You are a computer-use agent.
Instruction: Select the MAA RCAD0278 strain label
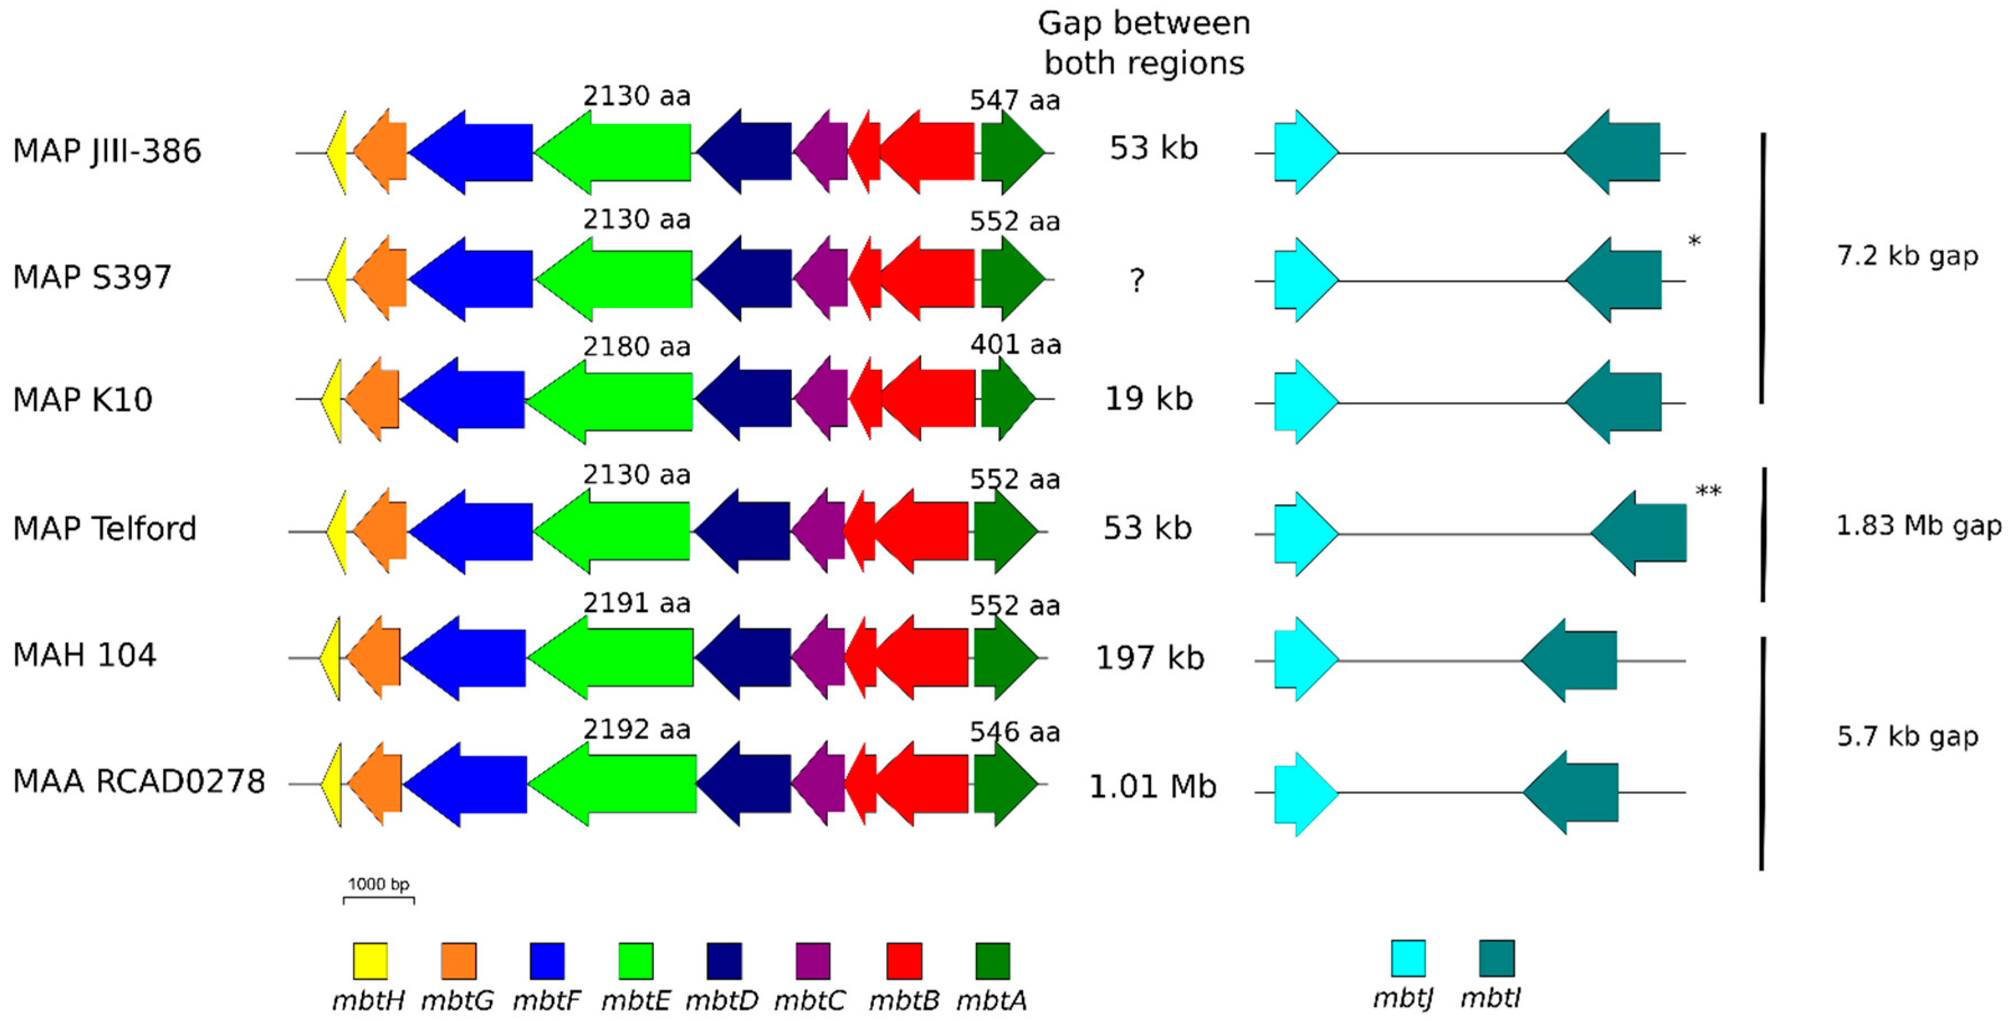(x=139, y=781)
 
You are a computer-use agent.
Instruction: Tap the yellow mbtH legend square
(x=370, y=960)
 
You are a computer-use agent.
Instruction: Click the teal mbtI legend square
(x=1497, y=958)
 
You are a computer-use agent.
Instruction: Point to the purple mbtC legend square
(x=813, y=960)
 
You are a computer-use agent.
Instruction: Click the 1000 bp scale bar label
(x=378, y=884)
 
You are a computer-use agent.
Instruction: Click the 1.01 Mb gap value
(x=1152, y=786)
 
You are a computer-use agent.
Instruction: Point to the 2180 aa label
(x=636, y=346)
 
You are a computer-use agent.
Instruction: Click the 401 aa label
(x=1015, y=344)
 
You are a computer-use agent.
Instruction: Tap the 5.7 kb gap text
(x=1907, y=736)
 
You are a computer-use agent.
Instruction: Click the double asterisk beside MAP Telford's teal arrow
(x=1708, y=492)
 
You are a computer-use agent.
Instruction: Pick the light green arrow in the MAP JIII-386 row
(x=616, y=152)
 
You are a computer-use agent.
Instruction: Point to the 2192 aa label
(x=636, y=730)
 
